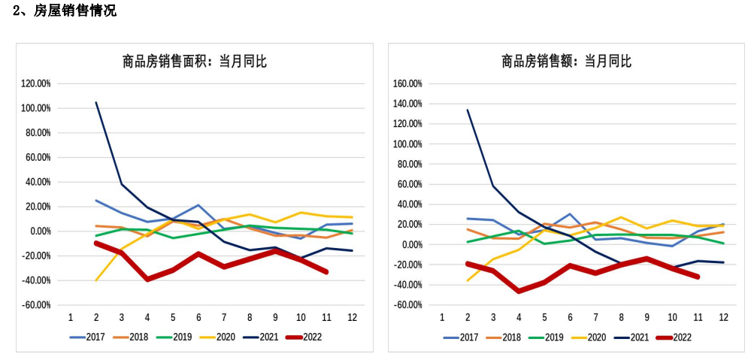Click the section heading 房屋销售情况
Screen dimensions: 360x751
[75, 11]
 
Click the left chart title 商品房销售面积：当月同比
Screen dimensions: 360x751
[195, 62]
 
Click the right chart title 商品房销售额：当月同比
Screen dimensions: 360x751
[567, 62]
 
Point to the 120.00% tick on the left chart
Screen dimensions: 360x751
[36, 83]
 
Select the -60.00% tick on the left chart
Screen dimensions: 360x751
[35, 305]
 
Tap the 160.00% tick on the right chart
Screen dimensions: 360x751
[407, 83]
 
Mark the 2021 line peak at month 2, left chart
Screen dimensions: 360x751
[96, 102]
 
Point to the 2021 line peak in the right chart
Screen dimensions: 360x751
[468, 110]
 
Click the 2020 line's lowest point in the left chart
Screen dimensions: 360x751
[96, 280]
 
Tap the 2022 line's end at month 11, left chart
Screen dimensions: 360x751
[326, 272]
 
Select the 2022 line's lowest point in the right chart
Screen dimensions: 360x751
[519, 291]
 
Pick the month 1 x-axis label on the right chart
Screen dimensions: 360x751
[442, 316]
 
